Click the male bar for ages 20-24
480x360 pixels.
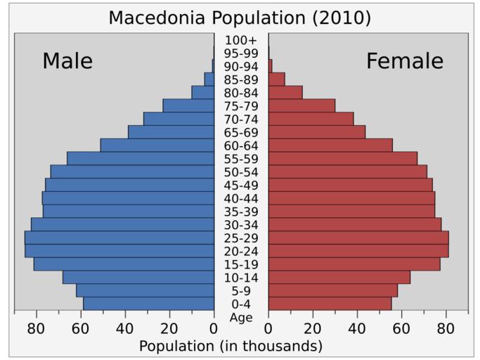(x=119, y=251)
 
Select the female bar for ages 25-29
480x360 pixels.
(x=358, y=238)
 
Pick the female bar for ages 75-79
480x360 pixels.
(x=301, y=105)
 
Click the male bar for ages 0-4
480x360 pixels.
(x=148, y=304)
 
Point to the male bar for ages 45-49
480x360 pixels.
(x=129, y=185)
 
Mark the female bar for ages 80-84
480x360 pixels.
(x=285, y=92)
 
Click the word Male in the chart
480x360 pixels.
(x=67, y=61)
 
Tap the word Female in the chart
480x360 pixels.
(x=405, y=61)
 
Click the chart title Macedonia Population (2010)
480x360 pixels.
(x=240, y=18)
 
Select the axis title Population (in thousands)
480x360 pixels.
(x=231, y=346)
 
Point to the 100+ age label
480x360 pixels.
(x=241, y=40)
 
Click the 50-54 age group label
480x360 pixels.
(x=241, y=172)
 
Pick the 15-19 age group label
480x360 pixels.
(x=241, y=264)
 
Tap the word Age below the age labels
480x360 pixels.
(x=241, y=317)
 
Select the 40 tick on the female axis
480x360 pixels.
(x=357, y=328)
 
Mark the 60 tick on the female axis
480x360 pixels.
(x=401, y=328)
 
